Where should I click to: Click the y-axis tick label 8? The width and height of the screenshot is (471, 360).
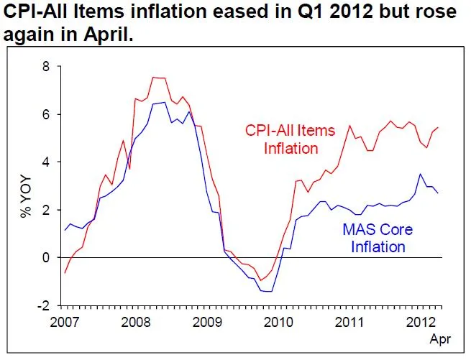48,67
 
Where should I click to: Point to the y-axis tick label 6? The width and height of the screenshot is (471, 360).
48,114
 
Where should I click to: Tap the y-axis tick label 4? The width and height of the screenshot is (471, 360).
48,162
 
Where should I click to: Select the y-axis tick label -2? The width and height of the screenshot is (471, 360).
45,305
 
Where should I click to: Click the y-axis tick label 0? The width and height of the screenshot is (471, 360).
48,257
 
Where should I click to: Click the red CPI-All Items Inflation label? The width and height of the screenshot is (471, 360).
291,140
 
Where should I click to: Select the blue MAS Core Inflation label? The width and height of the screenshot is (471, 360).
375,239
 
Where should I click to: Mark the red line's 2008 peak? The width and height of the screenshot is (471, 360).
154,77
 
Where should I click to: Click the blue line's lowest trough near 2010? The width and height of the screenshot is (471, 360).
269,291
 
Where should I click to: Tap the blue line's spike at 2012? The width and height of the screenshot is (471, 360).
421,174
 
